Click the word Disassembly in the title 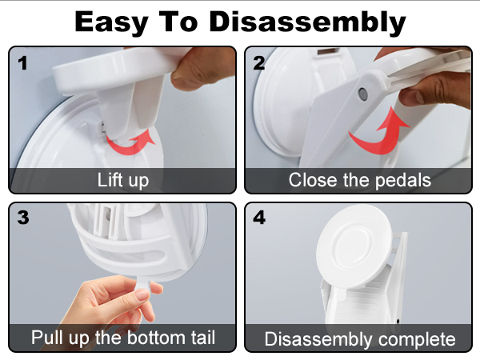click(307, 22)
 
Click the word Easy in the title click(110, 23)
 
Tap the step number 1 click(22, 64)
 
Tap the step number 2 click(259, 64)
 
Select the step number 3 click(23, 218)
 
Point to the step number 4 click(259, 218)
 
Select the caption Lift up click(123, 180)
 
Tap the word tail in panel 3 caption click(203, 338)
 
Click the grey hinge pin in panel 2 click(362, 94)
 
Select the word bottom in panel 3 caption click(156, 338)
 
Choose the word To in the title click(178, 22)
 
